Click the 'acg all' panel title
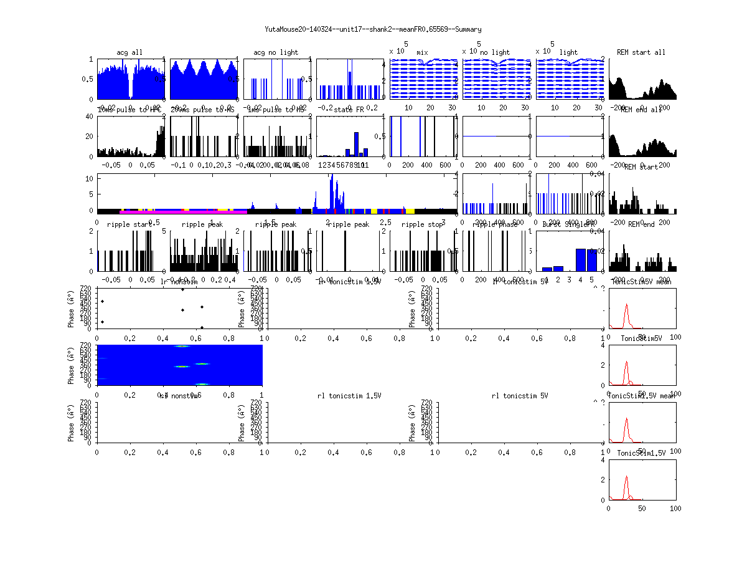coord(129,52)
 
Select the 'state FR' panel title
coord(349,110)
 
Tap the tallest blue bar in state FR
coord(356,144)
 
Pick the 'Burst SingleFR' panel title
coord(568,224)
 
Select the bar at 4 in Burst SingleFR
coord(580,260)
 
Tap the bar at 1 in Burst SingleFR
coord(547,269)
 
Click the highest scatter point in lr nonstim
coord(182,290)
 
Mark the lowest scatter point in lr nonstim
coord(202,327)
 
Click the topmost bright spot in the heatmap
coord(182,346)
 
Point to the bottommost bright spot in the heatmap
coord(202,384)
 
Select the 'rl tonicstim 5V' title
coord(520,396)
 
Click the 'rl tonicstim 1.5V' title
coord(349,396)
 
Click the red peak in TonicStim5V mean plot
coord(626,305)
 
